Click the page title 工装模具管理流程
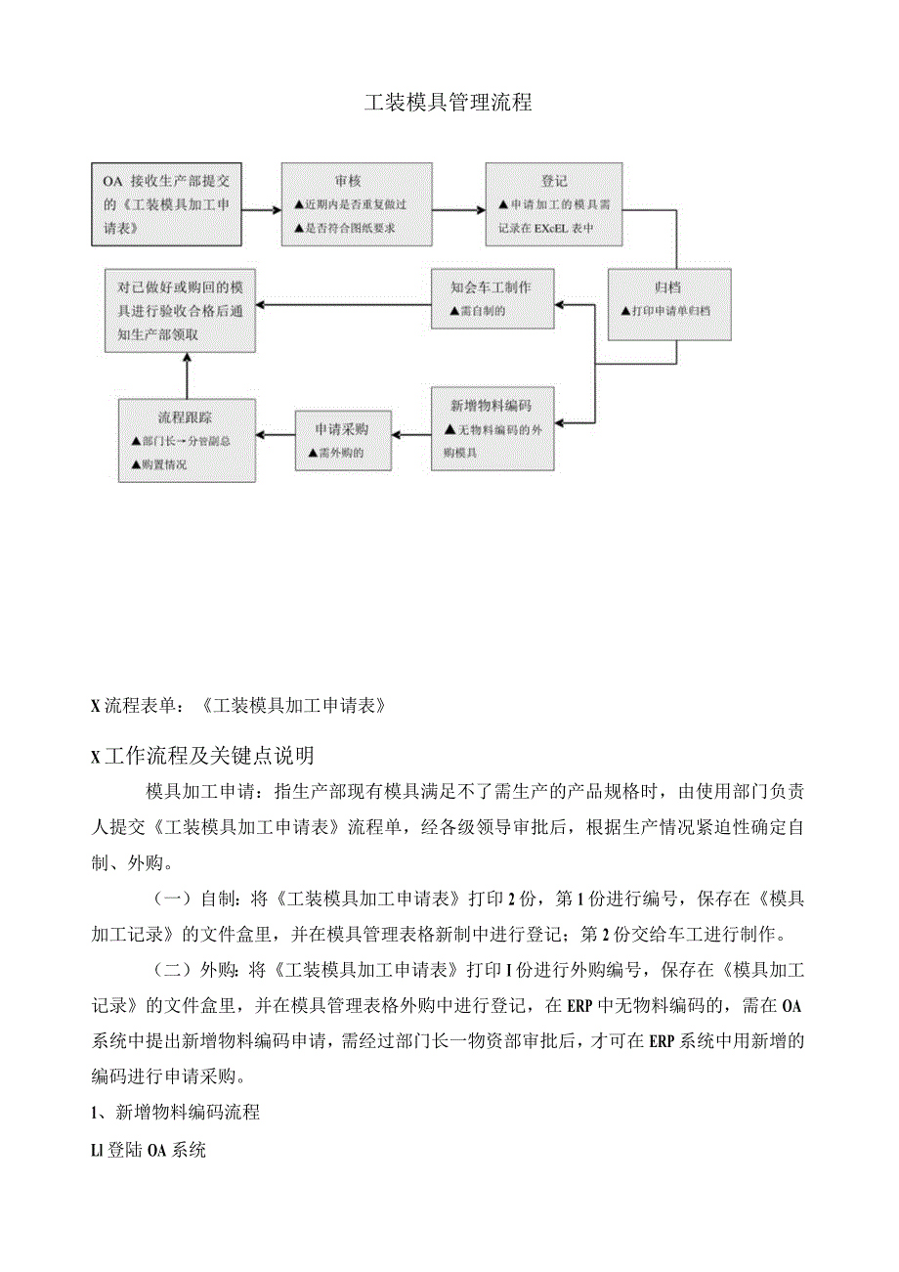(x=449, y=103)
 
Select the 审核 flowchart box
(x=357, y=204)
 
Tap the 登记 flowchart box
(x=554, y=204)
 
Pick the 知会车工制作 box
(x=492, y=299)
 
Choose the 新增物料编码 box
(x=492, y=429)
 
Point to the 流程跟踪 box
(x=187, y=440)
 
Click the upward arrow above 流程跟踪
(x=186, y=376)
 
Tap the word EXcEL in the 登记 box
(x=554, y=230)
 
